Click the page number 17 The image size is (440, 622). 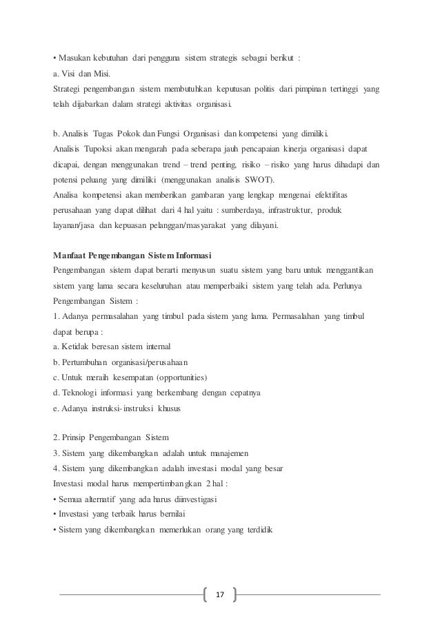pos(220,594)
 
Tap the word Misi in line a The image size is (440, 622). pos(100,74)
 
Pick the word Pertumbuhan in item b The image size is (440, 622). pos(86,362)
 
